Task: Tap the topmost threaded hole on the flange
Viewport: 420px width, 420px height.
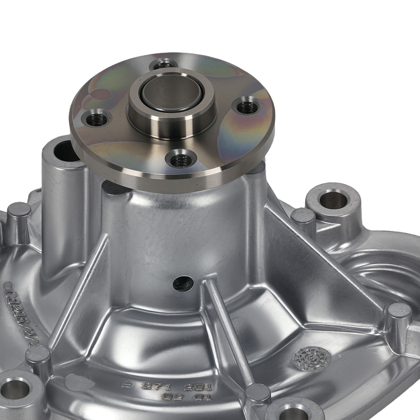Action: (164, 66)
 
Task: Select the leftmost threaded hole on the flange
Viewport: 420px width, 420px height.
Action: (97, 120)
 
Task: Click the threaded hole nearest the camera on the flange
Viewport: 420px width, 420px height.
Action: (181, 159)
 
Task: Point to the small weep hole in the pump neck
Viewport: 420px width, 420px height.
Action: (183, 283)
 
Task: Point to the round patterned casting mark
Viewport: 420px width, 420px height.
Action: (312, 359)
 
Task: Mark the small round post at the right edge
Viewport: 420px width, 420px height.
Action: (399, 310)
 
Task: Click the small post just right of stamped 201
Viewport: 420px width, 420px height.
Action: (257, 392)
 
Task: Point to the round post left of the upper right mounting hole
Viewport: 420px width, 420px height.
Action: (302, 216)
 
